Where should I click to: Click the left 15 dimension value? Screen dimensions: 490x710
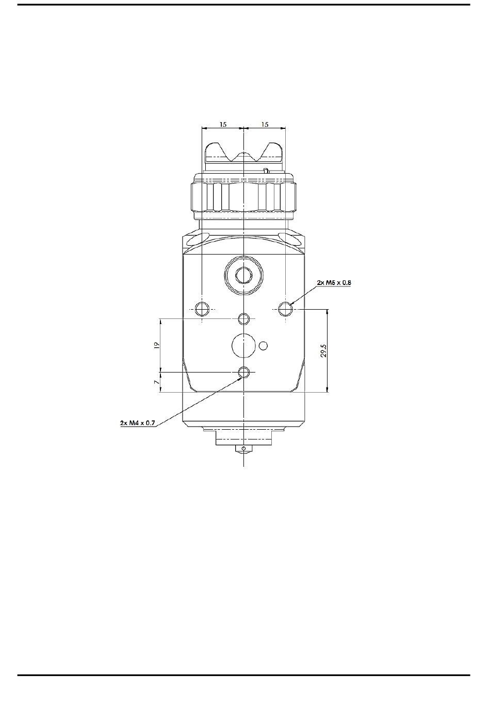[x=223, y=124]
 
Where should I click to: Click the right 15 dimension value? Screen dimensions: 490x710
[x=265, y=124]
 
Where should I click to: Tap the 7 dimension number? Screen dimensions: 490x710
[x=156, y=382]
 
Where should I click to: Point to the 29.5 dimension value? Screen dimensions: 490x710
[x=323, y=350]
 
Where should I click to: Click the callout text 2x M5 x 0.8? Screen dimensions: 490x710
[x=334, y=282]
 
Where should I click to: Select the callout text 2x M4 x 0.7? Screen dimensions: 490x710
[x=137, y=422]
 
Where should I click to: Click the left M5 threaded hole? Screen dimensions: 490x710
[x=202, y=309]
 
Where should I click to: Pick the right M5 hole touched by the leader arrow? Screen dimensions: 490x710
[x=285, y=309]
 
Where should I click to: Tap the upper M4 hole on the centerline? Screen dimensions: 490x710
[x=244, y=318]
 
